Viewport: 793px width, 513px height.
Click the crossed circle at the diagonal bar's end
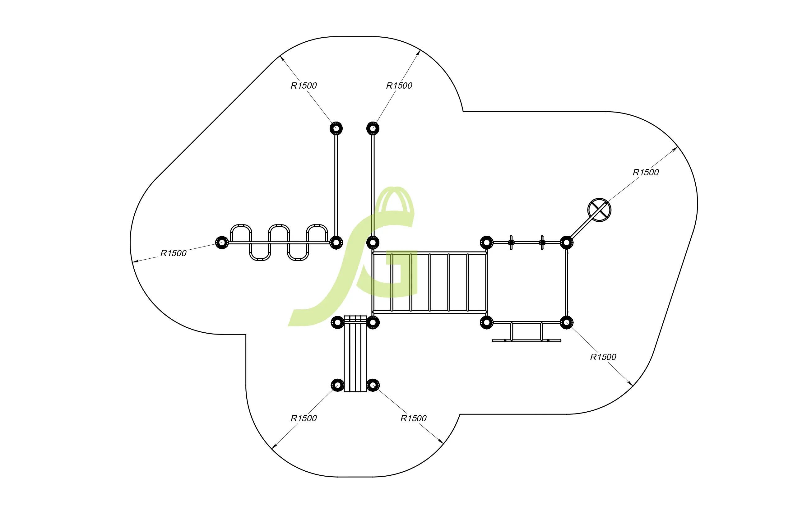pyautogui.click(x=599, y=210)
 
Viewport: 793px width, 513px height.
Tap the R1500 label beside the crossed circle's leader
pyautogui.click(x=645, y=173)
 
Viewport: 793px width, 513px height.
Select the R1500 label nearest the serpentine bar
pyautogui.click(x=173, y=253)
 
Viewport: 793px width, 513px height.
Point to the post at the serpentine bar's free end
pyautogui.click(x=222, y=243)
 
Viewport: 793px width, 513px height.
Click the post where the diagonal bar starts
pyautogui.click(x=566, y=243)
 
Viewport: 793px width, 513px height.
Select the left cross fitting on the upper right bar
pyautogui.click(x=511, y=243)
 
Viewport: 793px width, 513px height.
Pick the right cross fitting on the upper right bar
pyautogui.click(x=542, y=243)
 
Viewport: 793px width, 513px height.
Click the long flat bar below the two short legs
pyautogui.click(x=526, y=341)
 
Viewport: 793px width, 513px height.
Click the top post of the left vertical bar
pyautogui.click(x=336, y=128)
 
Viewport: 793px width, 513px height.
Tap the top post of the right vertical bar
pyautogui.click(x=373, y=128)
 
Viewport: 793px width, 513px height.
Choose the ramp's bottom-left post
pyautogui.click(x=337, y=386)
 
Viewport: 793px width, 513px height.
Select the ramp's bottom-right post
pyautogui.click(x=373, y=386)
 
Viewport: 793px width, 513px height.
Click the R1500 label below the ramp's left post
pyautogui.click(x=304, y=418)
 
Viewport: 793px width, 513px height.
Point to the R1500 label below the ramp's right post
pyautogui.click(x=413, y=418)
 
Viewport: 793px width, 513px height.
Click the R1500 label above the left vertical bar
pyautogui.click(x=304, y=86)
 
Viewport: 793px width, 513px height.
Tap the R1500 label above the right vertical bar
pyautogui.click(x=399, y=86)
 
